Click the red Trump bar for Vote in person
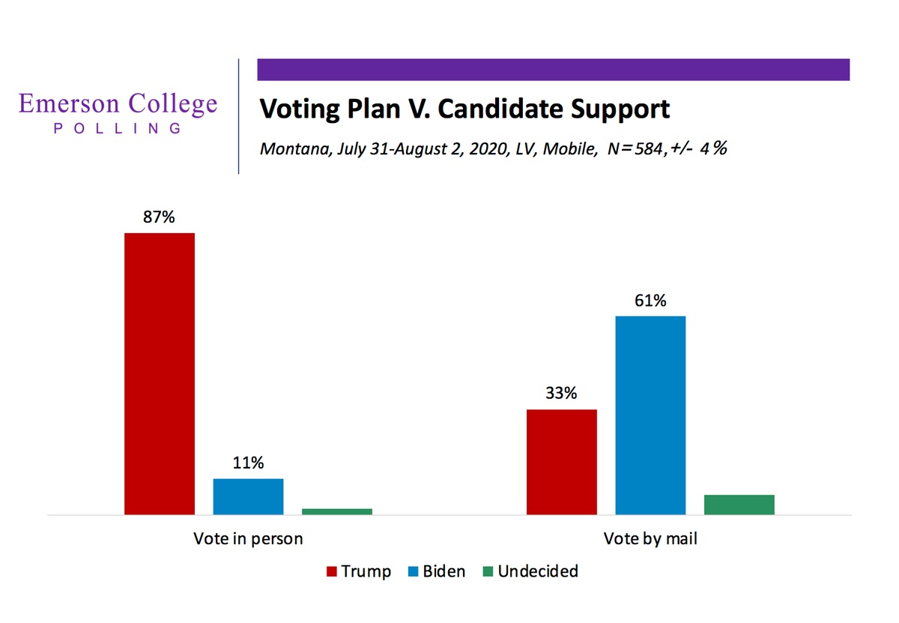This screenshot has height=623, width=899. click(x=159, y=373)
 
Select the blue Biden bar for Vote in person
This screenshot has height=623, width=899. click(x=248, y=496)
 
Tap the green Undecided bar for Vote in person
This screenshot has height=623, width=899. click(x=336, y=511)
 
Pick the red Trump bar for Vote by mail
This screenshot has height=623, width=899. click(x=562, y=462)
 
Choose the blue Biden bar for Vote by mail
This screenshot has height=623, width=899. click(x=650, y=415)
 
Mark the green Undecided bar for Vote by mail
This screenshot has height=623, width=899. click(x=739, y=505)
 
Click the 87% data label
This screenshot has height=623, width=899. click(x=159, y=217)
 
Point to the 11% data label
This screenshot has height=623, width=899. click(x=248, y=463)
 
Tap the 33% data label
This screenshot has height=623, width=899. click(x=561, y=394)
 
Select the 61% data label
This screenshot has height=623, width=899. click(x=650, y=301)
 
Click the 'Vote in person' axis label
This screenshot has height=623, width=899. click(x=248, y=538)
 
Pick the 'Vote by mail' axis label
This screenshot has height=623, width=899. click(x=650, y=538)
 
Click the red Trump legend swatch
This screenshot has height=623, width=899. click(x=331, y=572)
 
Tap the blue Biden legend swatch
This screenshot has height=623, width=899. click(x=411, y=572)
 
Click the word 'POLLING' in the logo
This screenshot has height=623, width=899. click(x=118, y=128)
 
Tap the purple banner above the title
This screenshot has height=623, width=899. click(x=553, y=69)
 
